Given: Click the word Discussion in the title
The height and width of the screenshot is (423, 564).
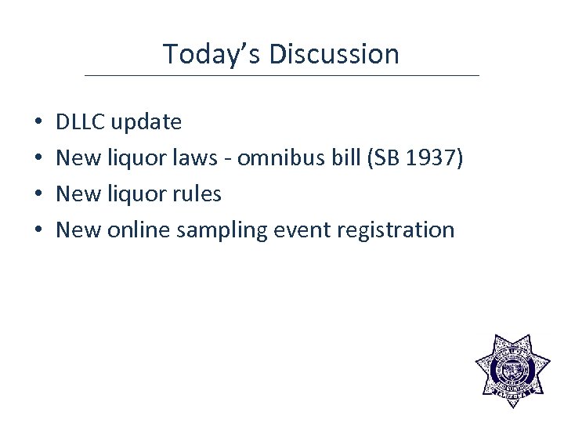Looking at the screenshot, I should (334, 54).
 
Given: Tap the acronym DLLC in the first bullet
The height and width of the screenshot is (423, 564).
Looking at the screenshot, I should (81, 122).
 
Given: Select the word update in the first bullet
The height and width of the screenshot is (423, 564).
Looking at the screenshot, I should (146, 123).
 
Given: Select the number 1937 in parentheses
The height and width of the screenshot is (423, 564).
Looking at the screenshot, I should (435, 158).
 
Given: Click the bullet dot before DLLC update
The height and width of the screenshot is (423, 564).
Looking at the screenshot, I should (38, 123).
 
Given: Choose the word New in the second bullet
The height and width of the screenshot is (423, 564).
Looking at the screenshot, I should (77, 158).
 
